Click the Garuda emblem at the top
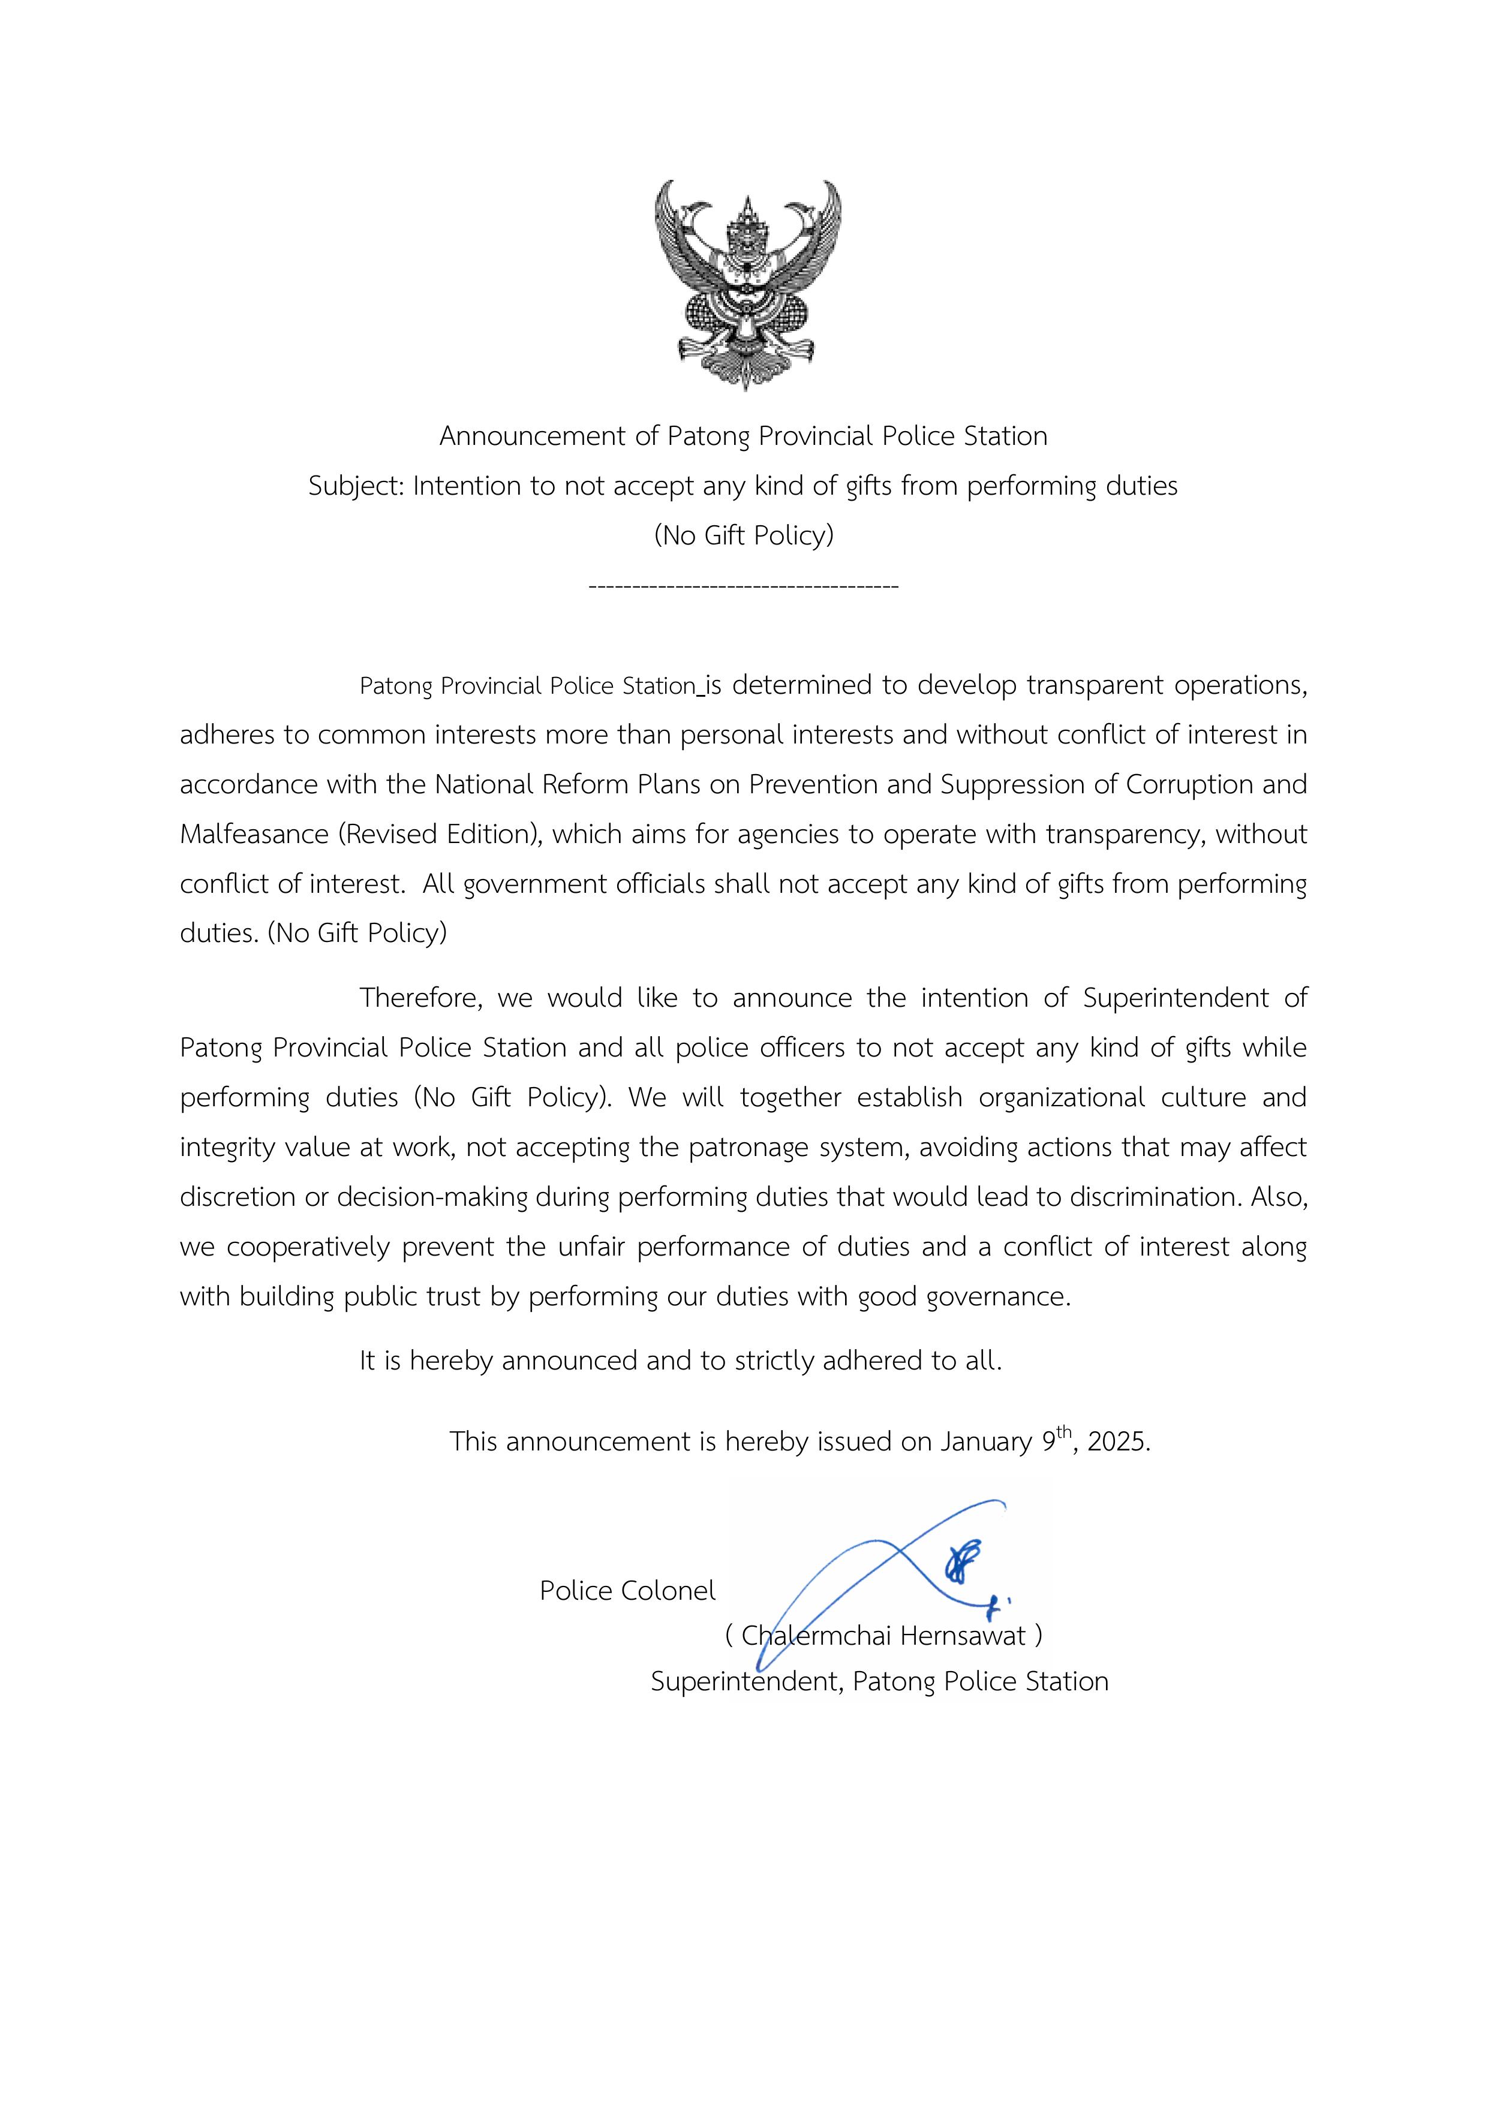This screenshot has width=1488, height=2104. coord(747,284)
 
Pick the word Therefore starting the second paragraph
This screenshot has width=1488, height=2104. coord(420,998)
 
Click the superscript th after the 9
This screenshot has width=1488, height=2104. coord(1063,1431)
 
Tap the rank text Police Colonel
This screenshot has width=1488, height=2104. coord(627,1591)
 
